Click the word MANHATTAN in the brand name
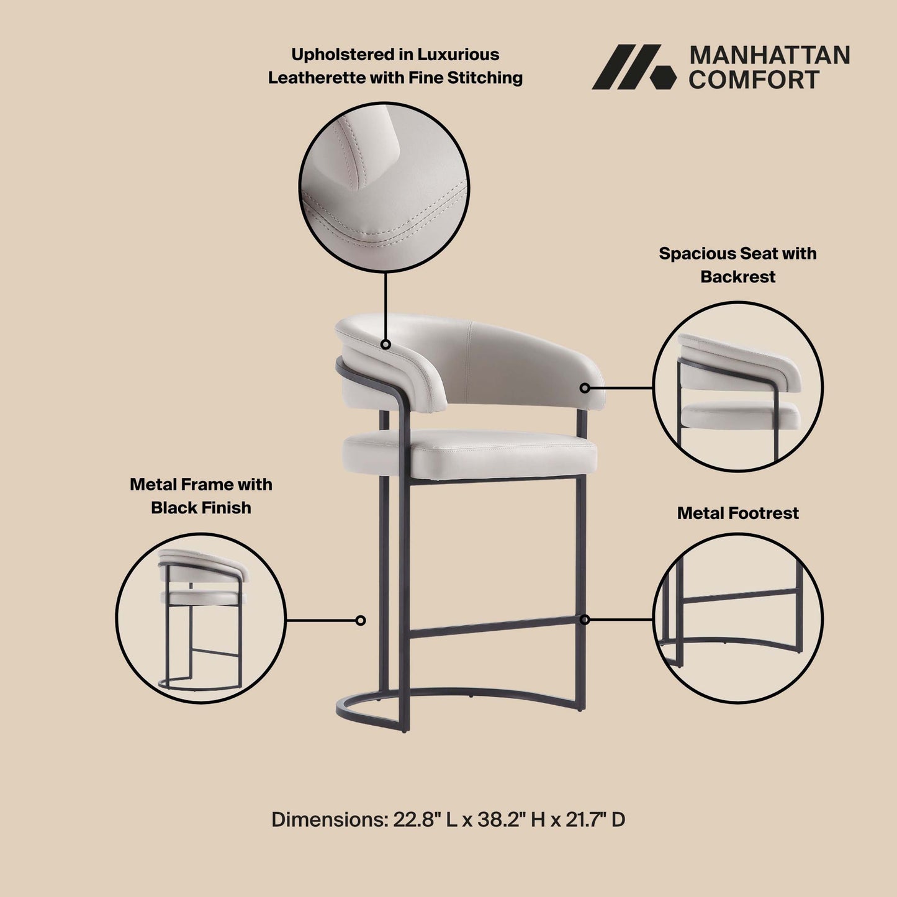point(769,55)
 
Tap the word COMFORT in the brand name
point(754,80)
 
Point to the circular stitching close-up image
point(384,187)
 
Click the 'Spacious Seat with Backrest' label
point(737,265)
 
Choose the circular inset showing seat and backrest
point(737,387)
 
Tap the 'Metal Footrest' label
point(737,513)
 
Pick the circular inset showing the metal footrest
point(737,619)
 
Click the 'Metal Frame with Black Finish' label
point(201,496)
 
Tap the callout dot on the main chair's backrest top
point(385,344)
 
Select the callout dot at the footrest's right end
point(585,620)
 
